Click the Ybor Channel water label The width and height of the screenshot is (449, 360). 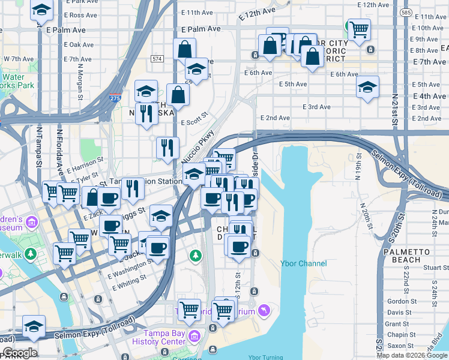point(304,263)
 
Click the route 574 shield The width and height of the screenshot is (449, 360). point(157,58)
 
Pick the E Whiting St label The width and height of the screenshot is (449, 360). point(127,282)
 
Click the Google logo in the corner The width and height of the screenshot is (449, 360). point(20,353)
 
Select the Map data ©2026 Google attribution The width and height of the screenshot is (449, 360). point(412,355)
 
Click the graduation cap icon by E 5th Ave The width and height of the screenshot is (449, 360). point(367,87)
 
